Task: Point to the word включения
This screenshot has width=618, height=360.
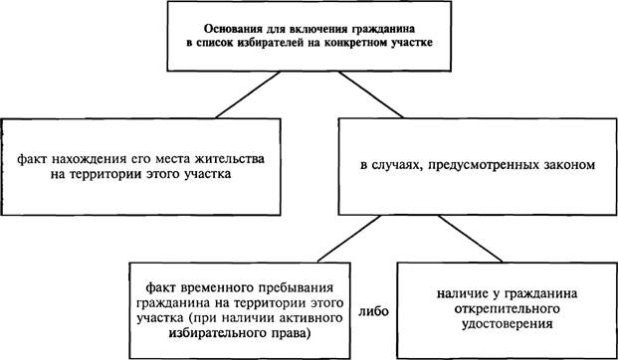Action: [295, 30]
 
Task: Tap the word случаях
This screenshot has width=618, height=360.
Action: [393, 166]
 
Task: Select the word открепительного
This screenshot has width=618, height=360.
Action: [507, 309]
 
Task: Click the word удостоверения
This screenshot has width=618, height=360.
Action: [507, 324]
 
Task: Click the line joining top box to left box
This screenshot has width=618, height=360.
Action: [248, 94]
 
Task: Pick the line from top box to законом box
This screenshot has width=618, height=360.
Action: [370, 94]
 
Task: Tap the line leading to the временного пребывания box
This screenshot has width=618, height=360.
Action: [349, 239]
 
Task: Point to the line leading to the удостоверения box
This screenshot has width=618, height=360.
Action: [470, 239]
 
